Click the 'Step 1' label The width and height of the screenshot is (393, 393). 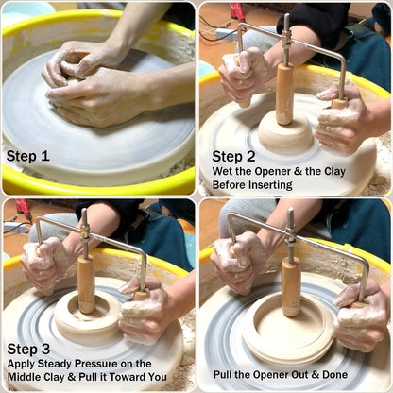tap(28, 156)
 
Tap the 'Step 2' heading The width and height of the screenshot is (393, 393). tap(233, 156)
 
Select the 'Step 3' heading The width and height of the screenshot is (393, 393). tap(28, 349)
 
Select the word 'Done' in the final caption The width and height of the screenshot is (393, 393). tap(335, 375)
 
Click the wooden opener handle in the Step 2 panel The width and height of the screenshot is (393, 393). tap(284, 94)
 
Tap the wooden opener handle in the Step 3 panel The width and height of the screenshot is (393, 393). tap(86, 284)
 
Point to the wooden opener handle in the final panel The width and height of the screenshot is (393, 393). tap(291, 287)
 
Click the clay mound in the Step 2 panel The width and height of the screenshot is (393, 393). tap(286, 132)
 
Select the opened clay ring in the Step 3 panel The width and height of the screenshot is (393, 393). tap(89, 317)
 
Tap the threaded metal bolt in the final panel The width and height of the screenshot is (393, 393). tap(291, 234)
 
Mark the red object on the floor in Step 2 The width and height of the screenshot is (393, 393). tap(237, 12)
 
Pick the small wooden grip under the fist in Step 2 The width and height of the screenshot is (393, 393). tap(340, 104)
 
